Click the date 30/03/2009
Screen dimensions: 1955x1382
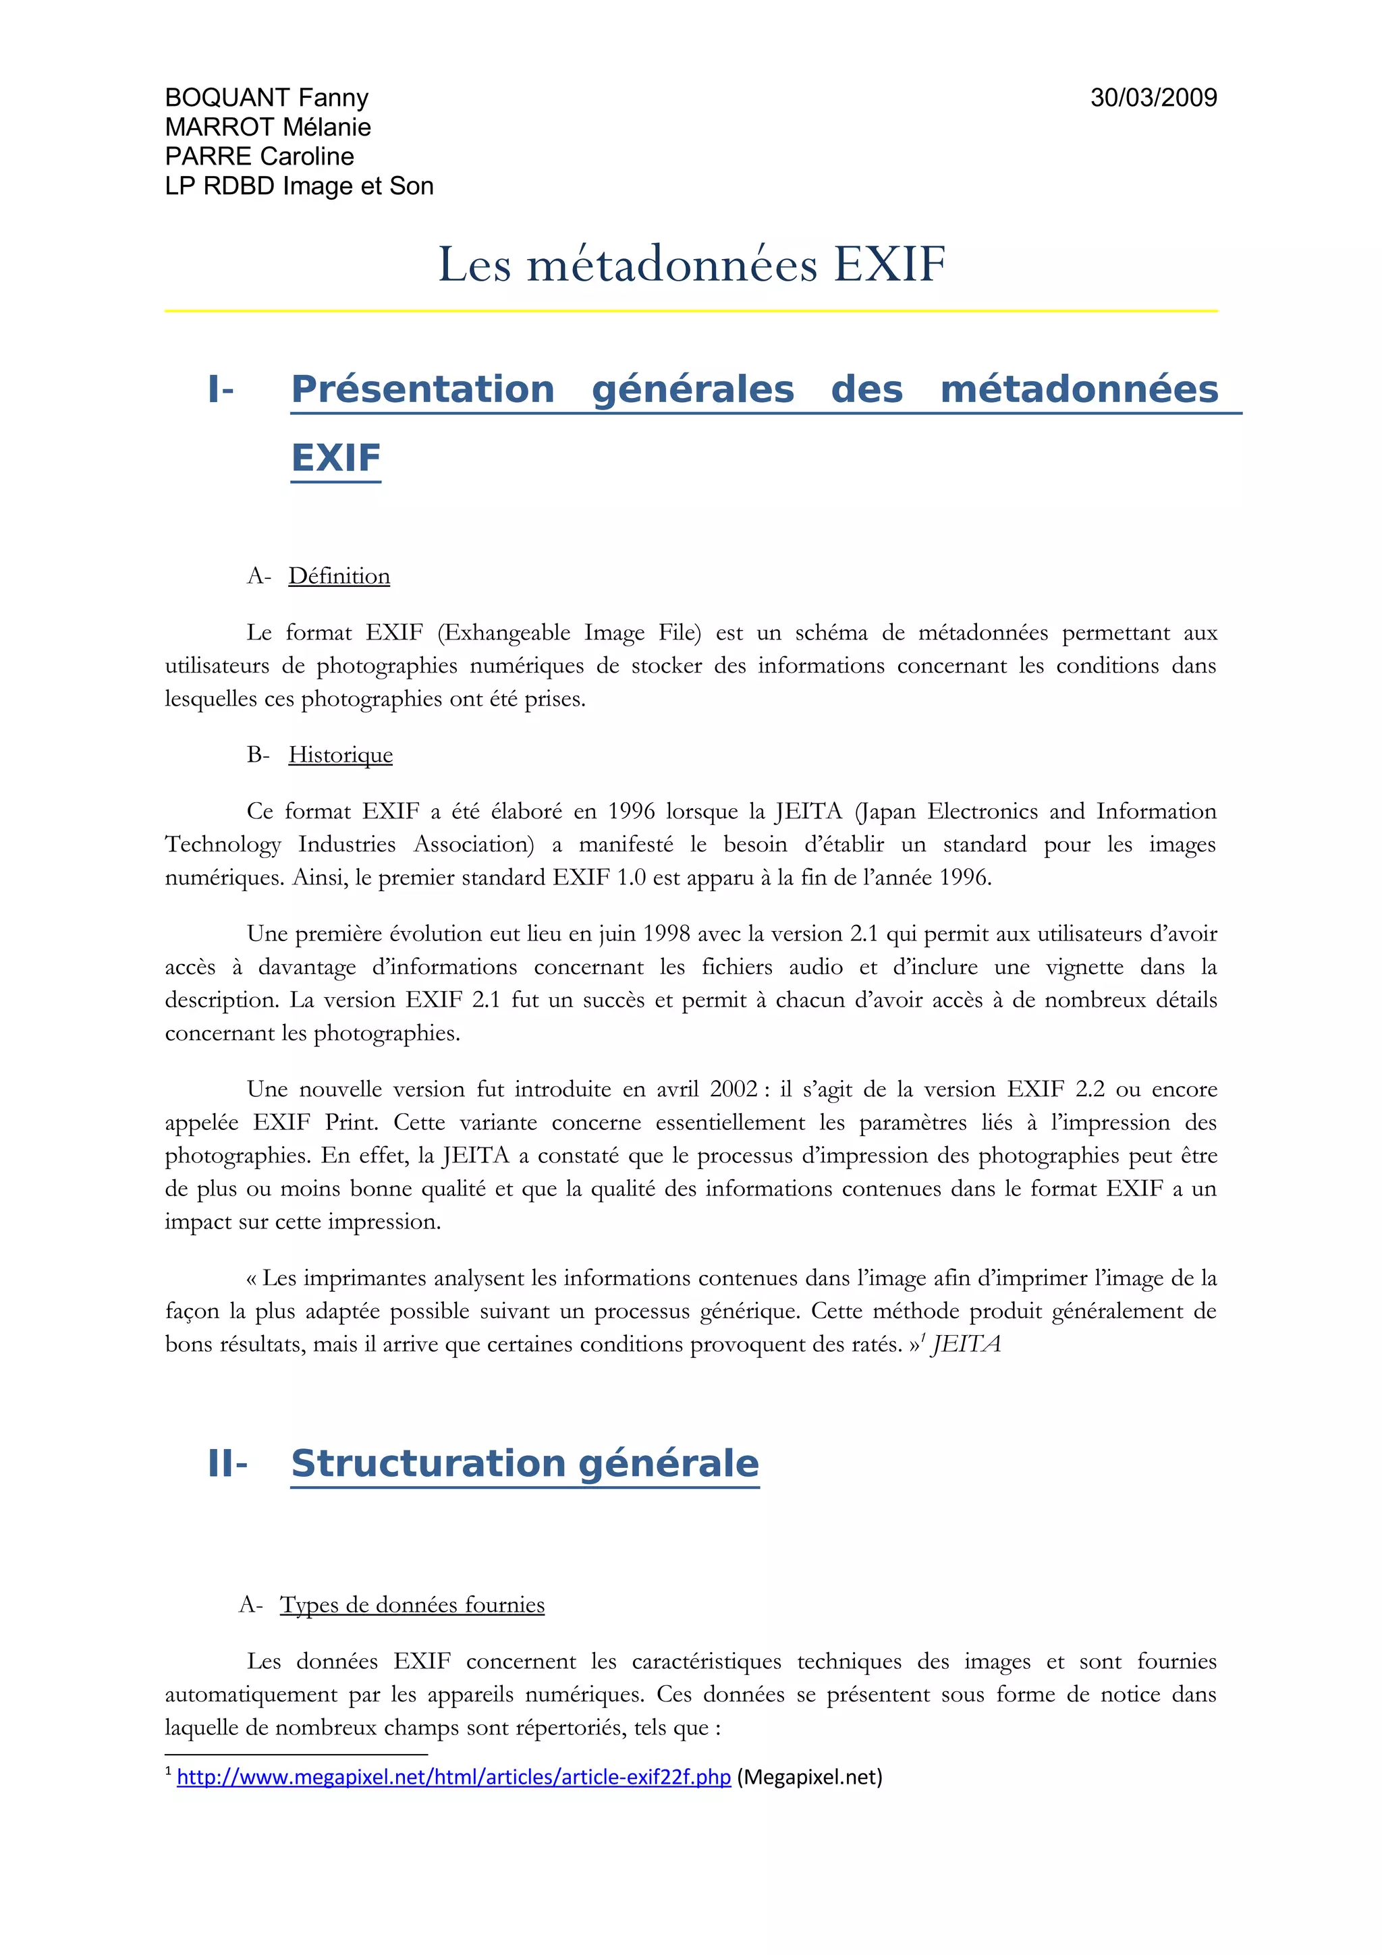(x=1153, y=98)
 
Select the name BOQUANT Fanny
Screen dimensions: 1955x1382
(x=267, y=98)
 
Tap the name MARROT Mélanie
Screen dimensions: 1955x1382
(x=267, y=127)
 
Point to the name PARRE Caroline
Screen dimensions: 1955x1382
(x=259, y=156)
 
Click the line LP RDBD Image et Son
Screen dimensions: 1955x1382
(x=299, y=186)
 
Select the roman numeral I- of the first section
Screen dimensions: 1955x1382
(x=221, y=389)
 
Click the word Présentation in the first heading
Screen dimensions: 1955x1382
(x=422, y=389)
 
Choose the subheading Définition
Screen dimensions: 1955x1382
(x=339, y=577)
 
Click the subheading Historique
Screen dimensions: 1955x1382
(x=341, y=756)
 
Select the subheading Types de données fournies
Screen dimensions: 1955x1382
(x=412, y=1605)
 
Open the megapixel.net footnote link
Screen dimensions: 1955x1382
(x=454, y=1777)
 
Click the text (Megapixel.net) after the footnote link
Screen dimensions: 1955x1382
(x=809, y=1777)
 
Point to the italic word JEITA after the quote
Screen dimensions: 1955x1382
(x=966, y=1344)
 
